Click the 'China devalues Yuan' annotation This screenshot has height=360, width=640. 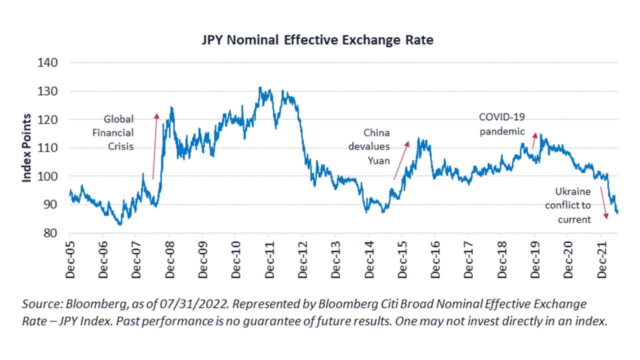(376, 146)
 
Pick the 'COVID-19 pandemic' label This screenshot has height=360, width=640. (502, 124)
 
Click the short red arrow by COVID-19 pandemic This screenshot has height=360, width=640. (534, 140)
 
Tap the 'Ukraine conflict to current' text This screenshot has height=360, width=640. (568, 205)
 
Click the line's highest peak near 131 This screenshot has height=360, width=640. (259, 88)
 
